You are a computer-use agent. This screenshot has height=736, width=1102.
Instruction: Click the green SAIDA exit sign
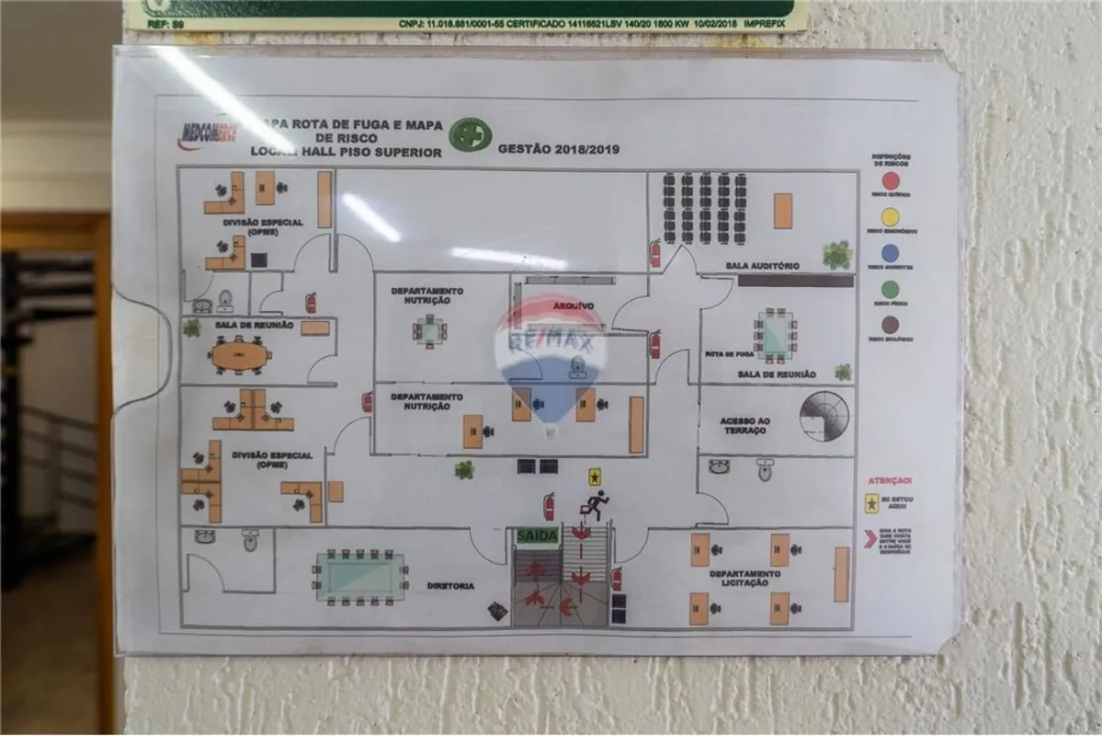pos(538,535)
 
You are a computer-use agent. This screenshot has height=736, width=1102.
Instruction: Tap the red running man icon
pos(595,505)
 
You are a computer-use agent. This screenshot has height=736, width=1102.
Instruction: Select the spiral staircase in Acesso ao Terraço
pos(824,416)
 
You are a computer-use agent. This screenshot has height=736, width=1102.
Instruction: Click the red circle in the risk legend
pos(890,181)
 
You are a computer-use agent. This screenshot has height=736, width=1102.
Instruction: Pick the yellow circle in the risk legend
pos(890,217)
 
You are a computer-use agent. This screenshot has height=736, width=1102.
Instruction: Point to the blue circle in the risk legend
pos(890,253)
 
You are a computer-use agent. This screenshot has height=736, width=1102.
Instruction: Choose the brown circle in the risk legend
pos(890,324)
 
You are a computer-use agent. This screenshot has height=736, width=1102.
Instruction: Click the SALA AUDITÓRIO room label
pos(762,266)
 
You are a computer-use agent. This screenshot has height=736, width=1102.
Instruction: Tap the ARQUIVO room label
pos(574,305)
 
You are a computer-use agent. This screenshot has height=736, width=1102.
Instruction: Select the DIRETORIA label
pos(450,585)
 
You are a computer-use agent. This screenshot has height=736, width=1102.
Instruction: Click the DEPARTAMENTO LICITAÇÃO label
pos(744,578)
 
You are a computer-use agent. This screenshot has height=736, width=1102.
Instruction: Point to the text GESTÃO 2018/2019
pos(559,148)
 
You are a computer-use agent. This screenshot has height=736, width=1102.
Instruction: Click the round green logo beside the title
pos(470,134)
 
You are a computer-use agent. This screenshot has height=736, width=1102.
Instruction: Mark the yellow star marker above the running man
pos(595,477)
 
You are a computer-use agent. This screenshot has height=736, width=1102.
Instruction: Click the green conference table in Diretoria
pos(360,577)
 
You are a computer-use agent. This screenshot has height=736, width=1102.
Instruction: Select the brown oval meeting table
pos(240,354)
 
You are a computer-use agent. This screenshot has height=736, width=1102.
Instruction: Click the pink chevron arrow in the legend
pos(869,538)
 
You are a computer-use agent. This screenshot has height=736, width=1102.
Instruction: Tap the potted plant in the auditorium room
pos(836,254)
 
